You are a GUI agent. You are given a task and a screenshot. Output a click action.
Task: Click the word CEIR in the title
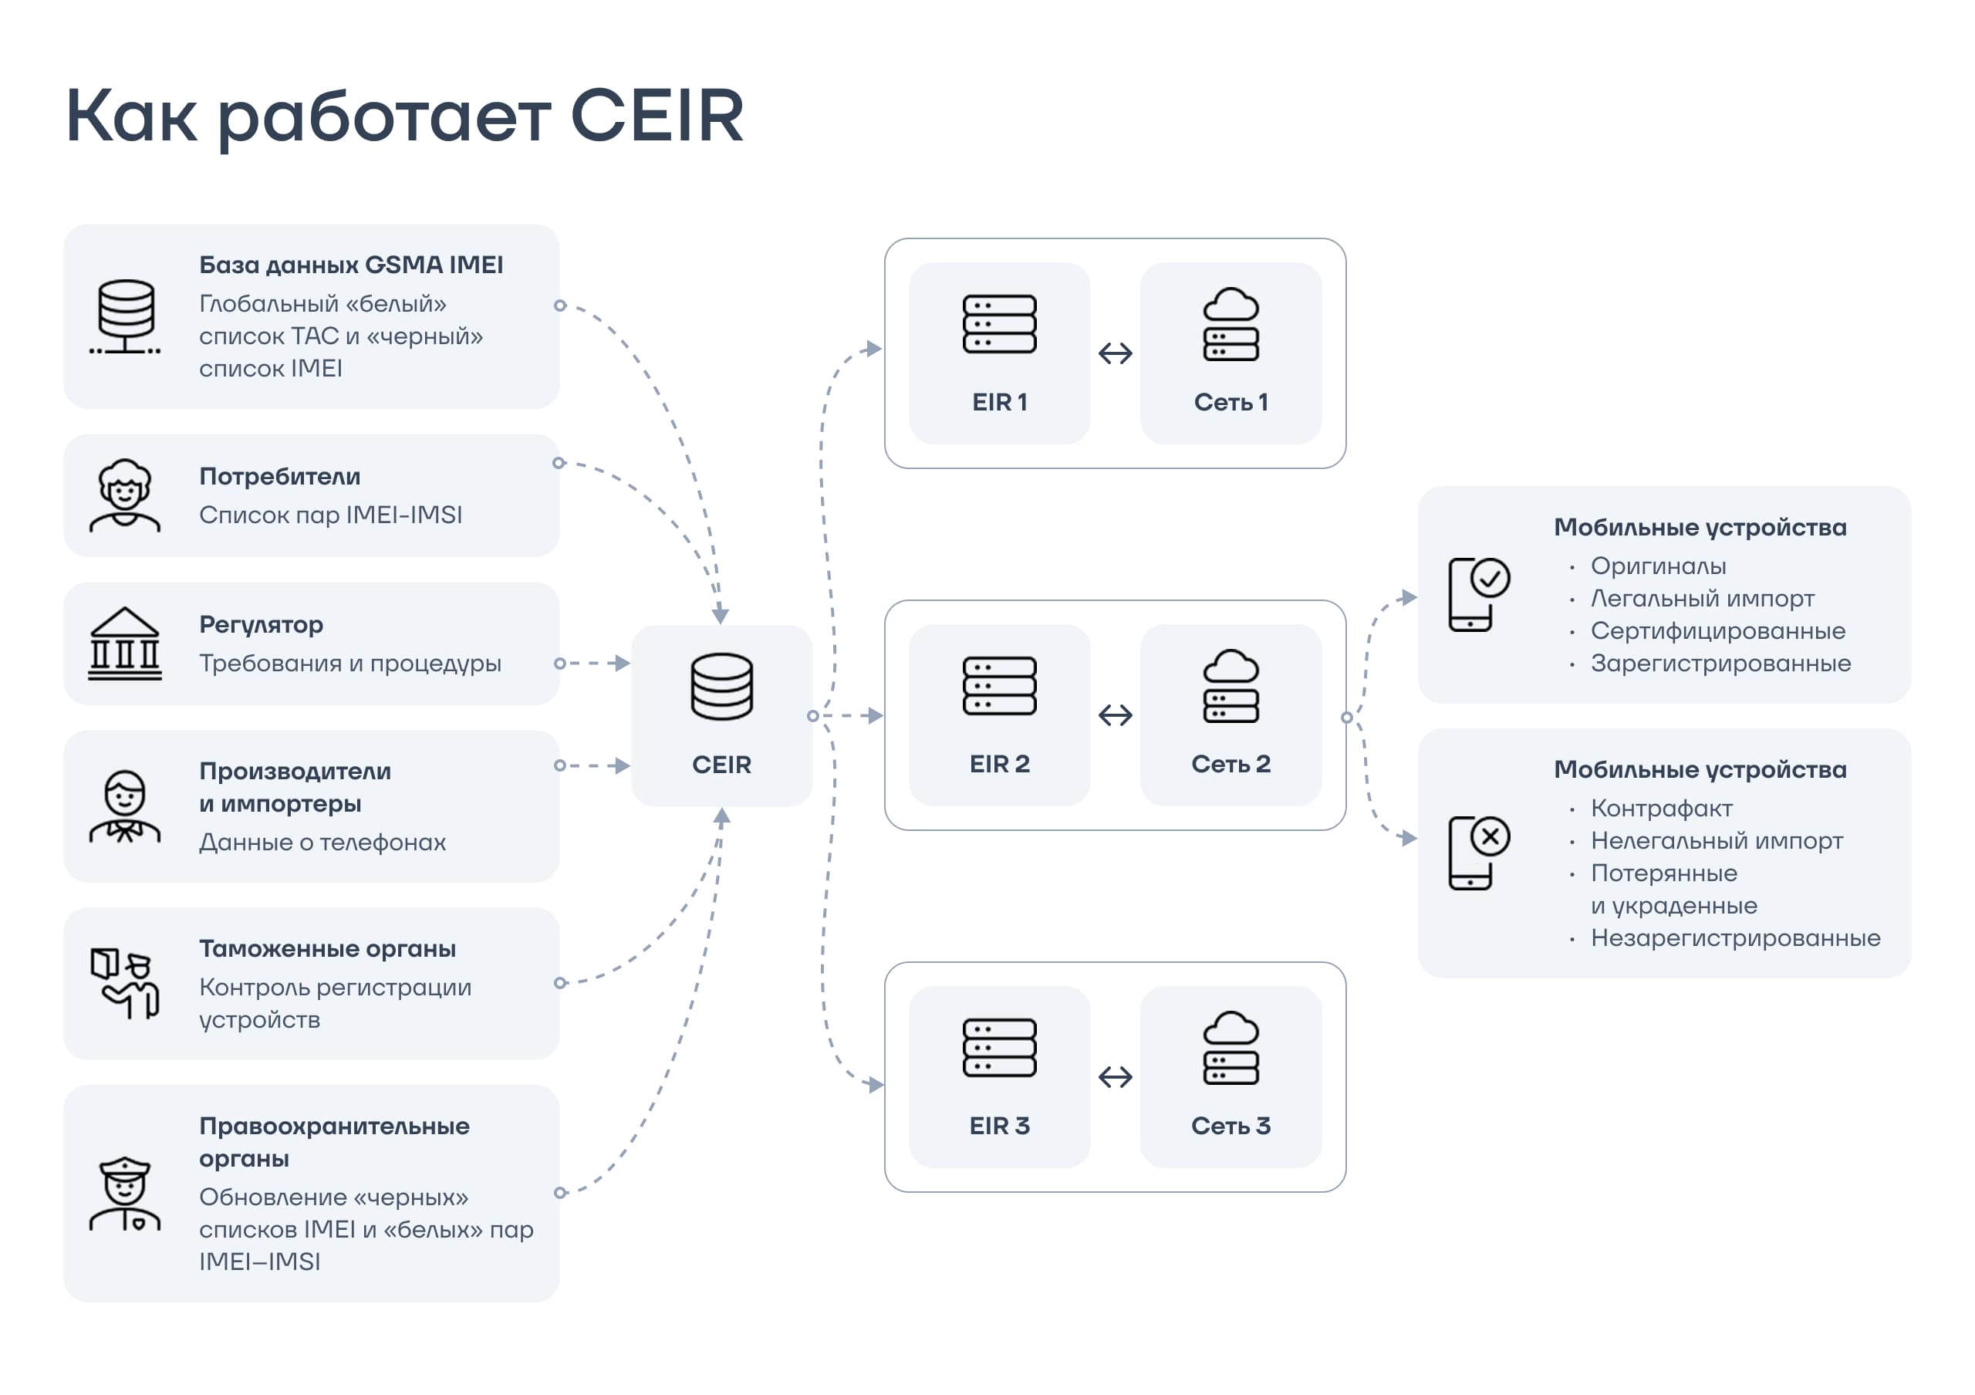(657, 116)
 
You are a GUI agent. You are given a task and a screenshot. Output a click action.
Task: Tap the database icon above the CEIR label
(721, 687)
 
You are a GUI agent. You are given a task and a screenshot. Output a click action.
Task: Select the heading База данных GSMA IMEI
(351, 265)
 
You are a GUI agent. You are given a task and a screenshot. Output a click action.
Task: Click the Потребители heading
(279, 477)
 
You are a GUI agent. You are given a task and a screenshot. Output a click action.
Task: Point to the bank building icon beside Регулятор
(125, 644)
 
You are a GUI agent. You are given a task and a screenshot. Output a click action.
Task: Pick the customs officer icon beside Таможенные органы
(125, 983)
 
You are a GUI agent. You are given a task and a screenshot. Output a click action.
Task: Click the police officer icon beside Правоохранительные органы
(125, 1194)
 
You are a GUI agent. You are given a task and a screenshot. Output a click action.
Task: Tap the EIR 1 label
(1000, 403)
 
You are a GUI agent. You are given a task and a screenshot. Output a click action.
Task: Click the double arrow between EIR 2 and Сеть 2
(1115, 714)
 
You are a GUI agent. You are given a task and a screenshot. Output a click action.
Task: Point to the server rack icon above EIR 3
(1000, 1048)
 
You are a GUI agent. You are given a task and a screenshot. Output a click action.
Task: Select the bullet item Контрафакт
(1661, 809)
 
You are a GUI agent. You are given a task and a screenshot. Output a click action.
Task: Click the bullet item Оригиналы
(1658, 566)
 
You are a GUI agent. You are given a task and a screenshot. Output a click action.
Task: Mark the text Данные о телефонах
(322, 842)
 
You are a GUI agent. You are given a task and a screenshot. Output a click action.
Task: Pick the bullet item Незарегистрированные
(1735, 937)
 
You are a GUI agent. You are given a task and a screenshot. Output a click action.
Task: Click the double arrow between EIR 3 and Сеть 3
(1115, 1077)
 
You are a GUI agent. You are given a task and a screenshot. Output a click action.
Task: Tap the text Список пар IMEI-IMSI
(330, 515)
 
